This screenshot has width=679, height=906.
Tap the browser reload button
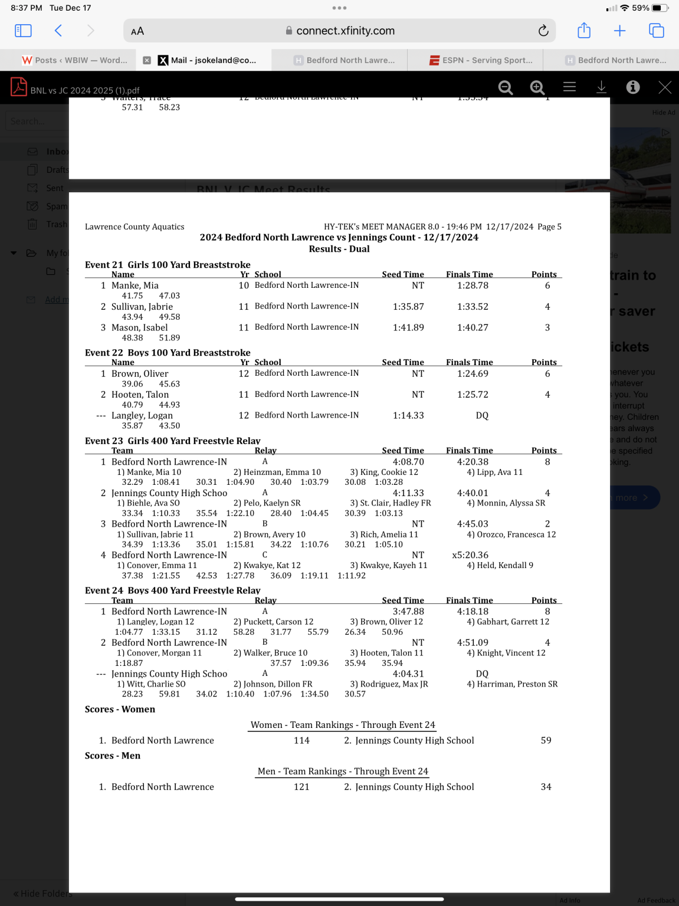point(543,31)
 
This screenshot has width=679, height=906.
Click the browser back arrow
point(58,31)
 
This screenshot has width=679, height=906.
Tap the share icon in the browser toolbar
point(584,31)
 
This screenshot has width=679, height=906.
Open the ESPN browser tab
point(481,60)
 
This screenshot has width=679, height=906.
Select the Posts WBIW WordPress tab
point(74,60)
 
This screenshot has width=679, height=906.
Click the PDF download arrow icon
point(601,87)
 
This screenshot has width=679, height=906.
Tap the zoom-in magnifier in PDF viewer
point(537,87)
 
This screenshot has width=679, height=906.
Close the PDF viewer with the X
point(665,87)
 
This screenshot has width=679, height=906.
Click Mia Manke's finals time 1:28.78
point(473,285)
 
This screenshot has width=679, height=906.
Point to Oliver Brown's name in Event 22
point(140,374)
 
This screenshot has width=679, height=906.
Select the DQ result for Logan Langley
point(482,416)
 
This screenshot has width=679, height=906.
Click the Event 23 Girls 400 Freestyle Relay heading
point(172,441)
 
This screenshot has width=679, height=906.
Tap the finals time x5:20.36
point(470,555)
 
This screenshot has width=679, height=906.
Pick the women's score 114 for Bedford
point(301,741)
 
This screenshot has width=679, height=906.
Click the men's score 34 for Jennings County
point(546,787)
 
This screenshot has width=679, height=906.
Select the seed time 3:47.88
point(408,612)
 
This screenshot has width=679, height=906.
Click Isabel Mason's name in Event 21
point(139,328)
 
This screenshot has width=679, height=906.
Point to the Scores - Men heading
point(113,756)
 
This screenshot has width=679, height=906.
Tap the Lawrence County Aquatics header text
point(135,227)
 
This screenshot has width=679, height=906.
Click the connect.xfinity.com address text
point(345,31)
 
